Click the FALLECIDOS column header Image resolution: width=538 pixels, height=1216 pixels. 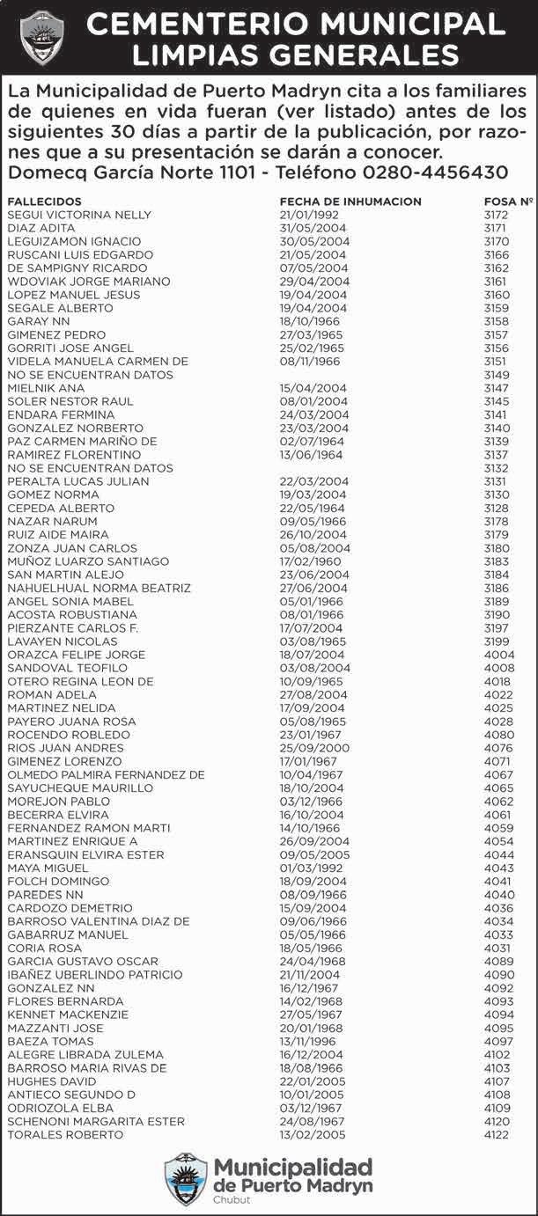(44, 201)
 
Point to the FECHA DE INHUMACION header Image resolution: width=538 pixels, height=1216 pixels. (350, 201)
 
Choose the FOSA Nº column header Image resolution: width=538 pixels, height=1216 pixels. (509, 201)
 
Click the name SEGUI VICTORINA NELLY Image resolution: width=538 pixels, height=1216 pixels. (79, 215)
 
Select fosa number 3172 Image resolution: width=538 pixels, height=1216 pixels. (497, 215)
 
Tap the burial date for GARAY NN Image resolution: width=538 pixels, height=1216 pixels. (302, 321)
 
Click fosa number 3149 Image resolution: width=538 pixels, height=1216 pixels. (497, 375)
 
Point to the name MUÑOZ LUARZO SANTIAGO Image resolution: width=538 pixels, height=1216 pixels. (88, 561)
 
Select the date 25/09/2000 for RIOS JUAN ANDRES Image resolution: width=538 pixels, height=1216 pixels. (302, 748)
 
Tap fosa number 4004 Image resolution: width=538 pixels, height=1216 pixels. (497, 655)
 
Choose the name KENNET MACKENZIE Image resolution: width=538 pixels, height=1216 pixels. (68, 1015)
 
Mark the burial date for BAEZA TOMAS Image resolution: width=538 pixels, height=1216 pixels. (302, 1041)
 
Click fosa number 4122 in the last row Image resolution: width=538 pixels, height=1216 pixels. (497, 1134)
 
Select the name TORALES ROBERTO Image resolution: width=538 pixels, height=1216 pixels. (65, 1134)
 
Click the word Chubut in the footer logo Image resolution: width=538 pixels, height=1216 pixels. (232, 1199)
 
